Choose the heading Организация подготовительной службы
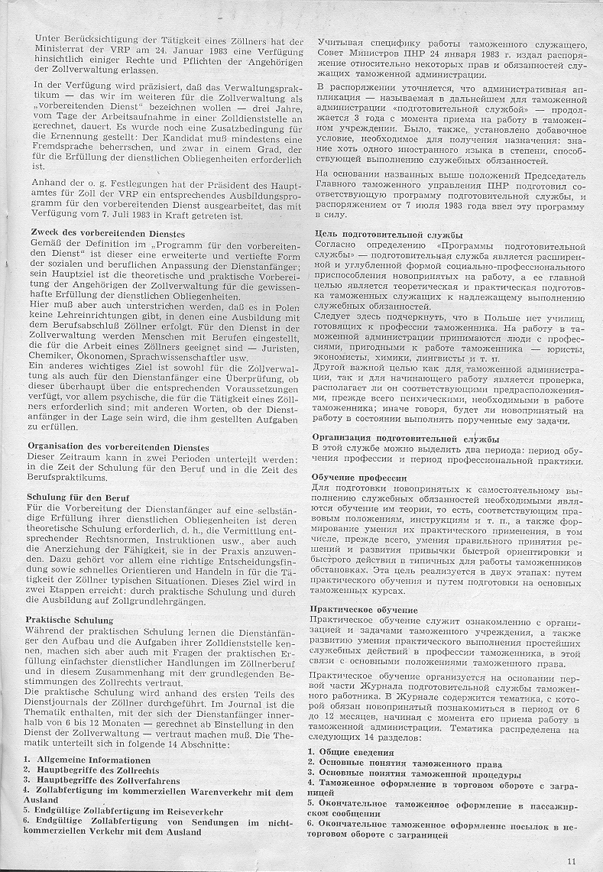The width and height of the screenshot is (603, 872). pyautogui.click(x=407, y=439)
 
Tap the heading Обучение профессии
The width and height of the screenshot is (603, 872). pyautogui.click(x=358, y=477)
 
